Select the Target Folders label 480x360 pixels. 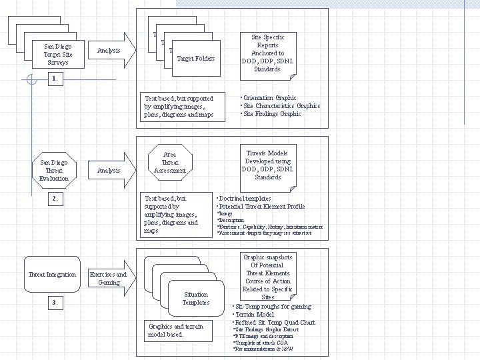click(195, 59)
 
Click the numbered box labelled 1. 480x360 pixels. click(56, 79)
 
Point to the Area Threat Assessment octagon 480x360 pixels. click(170, 162)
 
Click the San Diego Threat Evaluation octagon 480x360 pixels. click(54, 170)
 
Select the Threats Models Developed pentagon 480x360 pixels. click(267, 165)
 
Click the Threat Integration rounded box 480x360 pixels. click(52, 275)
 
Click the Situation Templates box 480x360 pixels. click(195, 298)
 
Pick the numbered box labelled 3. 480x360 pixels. click(56, 303)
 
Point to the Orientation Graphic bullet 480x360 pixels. click(269, 98)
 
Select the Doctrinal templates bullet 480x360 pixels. click(243, 199)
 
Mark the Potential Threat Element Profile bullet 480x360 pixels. click(261, 207)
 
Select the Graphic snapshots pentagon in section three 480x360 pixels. click(267, 277)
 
